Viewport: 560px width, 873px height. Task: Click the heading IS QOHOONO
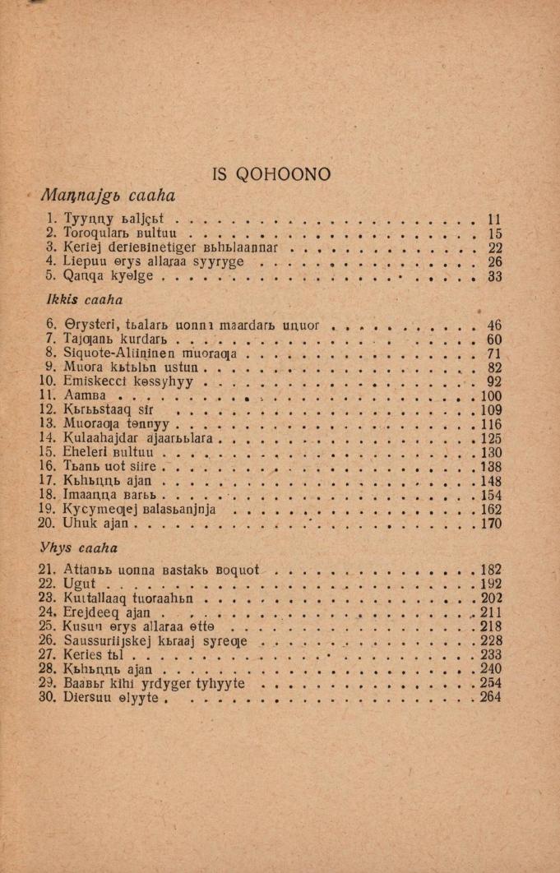271,174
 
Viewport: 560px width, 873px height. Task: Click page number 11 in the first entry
494,219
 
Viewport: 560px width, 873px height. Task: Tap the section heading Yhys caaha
79,547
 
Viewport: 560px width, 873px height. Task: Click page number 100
491,396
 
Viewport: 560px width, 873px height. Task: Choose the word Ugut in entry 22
79,584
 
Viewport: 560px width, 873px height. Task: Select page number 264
491,697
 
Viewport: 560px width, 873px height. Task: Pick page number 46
494,325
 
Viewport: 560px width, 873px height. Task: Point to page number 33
494,276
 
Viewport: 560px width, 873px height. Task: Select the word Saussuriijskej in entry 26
103,640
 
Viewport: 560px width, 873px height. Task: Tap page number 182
491,570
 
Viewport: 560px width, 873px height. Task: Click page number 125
491,439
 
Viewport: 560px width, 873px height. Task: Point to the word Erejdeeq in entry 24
90,612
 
